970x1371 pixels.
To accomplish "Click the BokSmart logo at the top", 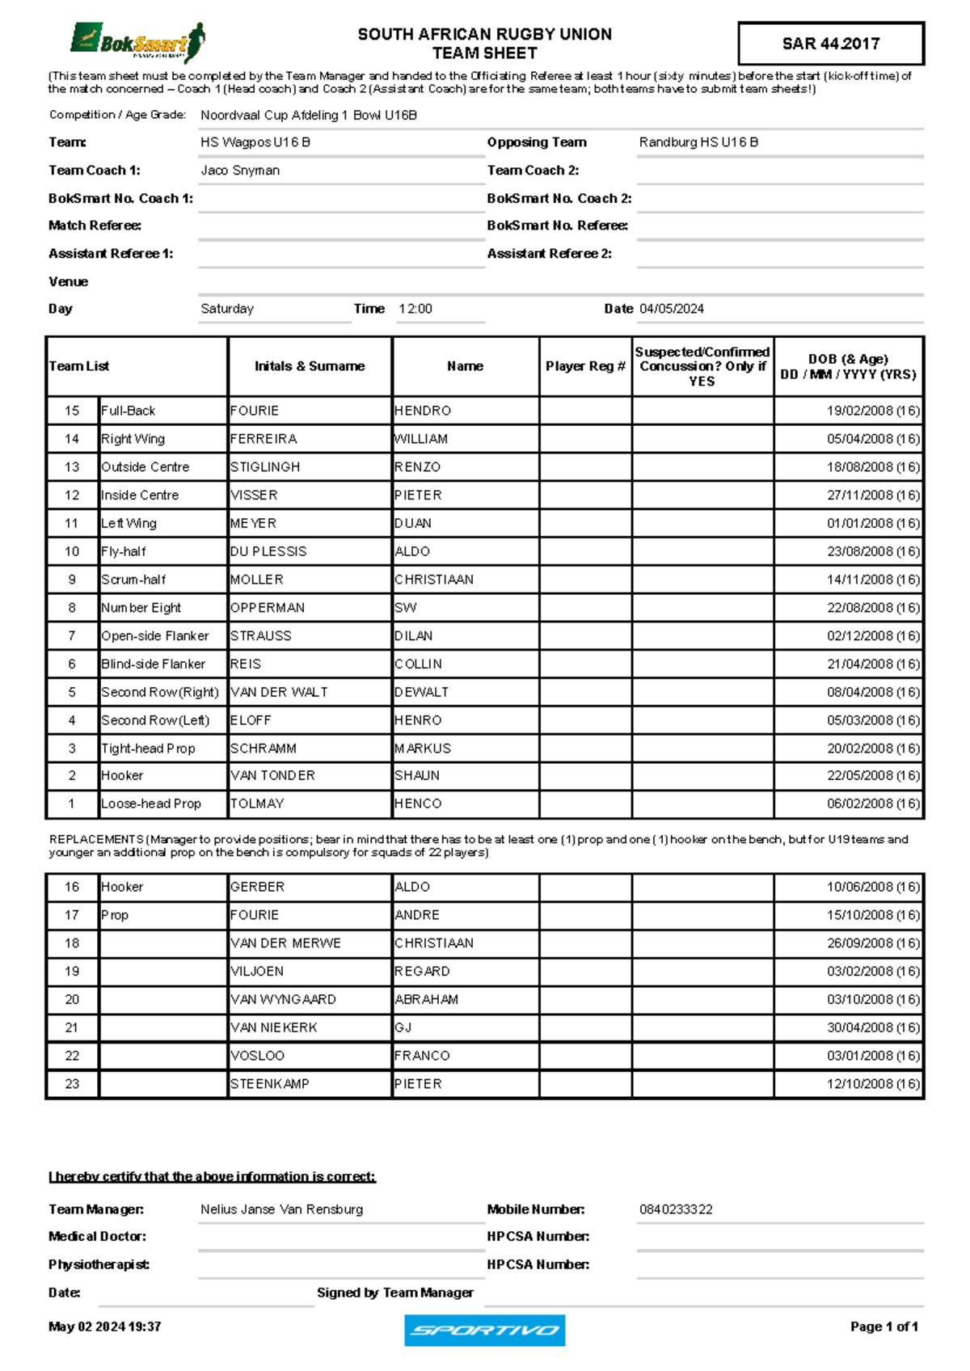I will click(x=137, y=42).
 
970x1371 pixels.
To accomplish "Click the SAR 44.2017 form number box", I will click(x=830, y=44).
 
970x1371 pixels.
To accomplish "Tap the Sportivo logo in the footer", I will click(x=484, y=1330).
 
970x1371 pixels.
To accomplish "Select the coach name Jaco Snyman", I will click(x=240, y=171).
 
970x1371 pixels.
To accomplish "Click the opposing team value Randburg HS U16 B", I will click(x=698, y=142).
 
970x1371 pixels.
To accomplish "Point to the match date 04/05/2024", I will click(x=671, y=309).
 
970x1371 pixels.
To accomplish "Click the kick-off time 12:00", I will click(x=415, y=309).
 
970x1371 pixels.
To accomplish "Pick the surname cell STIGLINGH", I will click(x=265, y=467).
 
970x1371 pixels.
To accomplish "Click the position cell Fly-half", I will click(x=124, y=551).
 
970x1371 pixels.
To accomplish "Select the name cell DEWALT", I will click(x=421, y=692).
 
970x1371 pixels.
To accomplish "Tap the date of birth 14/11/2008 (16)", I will click(x=873, y=580).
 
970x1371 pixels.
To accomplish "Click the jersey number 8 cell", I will click(x=72, y=608).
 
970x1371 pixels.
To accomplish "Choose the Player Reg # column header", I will click(x=585, y=366).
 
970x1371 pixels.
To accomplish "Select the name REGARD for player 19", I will click(x=422, y=972).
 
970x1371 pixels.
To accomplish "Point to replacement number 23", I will click(x=72, y=1084).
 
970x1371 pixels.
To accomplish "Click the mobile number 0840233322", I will click(x=676, y=1209).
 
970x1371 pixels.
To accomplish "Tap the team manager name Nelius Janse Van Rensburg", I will click(x=281, y=1209).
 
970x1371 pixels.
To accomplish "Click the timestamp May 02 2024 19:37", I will click(x=104, y=1327).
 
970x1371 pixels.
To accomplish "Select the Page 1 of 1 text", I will click(x=884, y=1327).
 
